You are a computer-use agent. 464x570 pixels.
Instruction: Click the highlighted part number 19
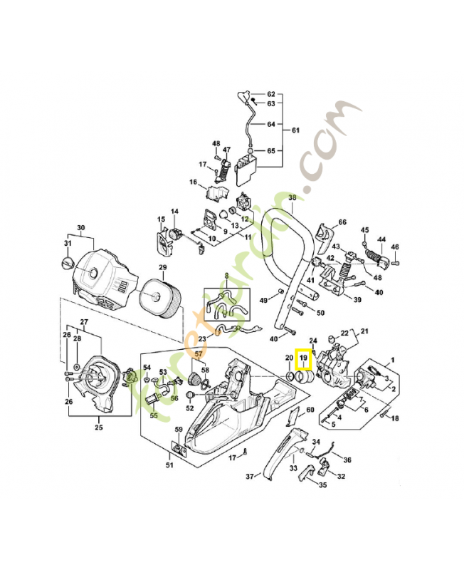[x=304, y=357]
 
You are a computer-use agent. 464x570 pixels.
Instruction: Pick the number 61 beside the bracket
[x=295, y=130]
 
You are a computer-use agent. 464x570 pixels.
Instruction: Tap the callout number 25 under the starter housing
[x=99, y=427]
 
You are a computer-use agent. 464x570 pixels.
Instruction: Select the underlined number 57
[x=199, y=354]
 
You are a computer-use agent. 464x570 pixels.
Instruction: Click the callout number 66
[x=342, y=223]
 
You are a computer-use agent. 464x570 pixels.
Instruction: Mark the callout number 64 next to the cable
[x=270, y=124]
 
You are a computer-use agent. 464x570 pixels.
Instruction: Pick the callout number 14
[x=174, y=212]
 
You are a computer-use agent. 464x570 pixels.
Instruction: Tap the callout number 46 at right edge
[x=395, y=247]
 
